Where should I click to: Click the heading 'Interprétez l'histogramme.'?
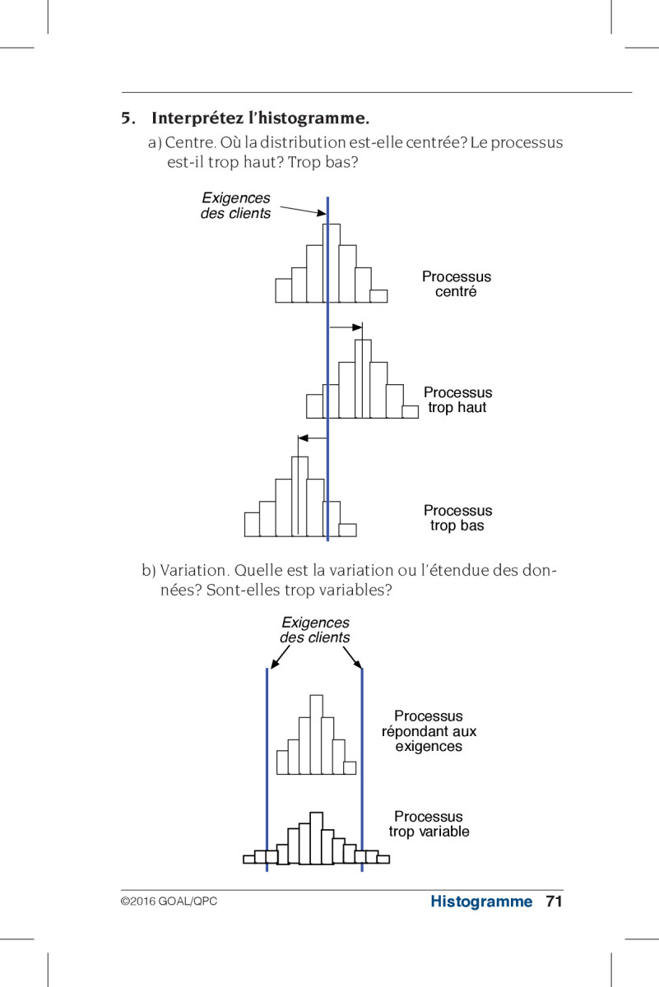(260, 118)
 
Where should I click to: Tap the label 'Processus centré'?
(457, 284)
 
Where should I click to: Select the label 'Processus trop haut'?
(457, 400)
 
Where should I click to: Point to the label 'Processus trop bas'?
(457, 517)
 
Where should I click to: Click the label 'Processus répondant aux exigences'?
(429, 731)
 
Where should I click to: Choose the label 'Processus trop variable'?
(429, 824)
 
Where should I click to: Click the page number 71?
(554, 901)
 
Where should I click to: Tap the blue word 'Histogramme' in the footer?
(481, 901)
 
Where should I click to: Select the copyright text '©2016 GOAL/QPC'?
(169, 901)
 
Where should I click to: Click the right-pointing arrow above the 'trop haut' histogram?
(346, 327)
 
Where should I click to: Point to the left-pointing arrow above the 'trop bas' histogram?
(312, 438)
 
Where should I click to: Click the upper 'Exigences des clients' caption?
(236, 206)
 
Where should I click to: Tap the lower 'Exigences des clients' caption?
(315, 630)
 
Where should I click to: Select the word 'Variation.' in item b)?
(194, 571)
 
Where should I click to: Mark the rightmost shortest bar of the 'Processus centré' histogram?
(378, 296)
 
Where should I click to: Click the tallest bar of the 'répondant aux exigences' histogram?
(316, 734)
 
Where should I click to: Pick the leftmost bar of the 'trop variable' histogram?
(249, 860)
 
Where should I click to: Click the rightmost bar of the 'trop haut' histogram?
(411, 411)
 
